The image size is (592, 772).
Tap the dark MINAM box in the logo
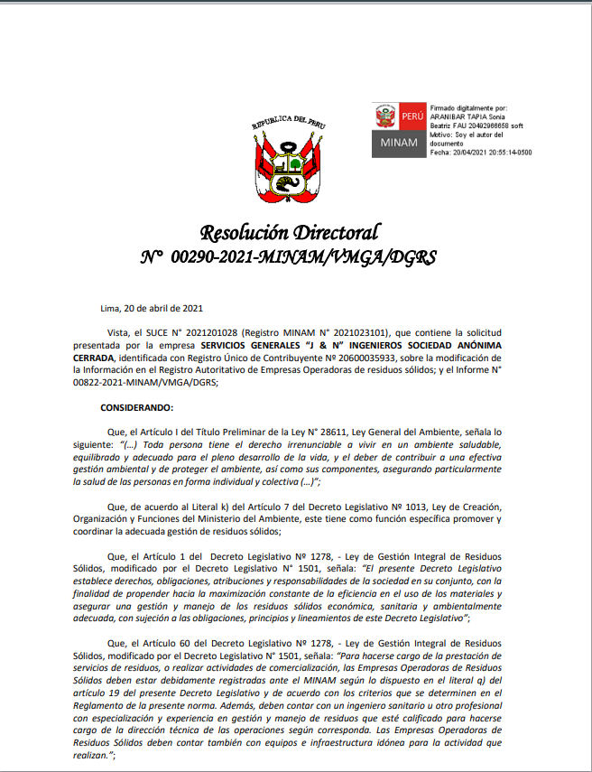[x=399, y=143]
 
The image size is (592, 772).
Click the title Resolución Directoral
[x=290, y=232]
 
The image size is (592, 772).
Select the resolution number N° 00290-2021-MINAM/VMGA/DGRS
[x=289, y=257]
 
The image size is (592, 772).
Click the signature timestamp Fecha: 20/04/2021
[x=480, y=153]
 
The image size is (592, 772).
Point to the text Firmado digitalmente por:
[x=468, y=107]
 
